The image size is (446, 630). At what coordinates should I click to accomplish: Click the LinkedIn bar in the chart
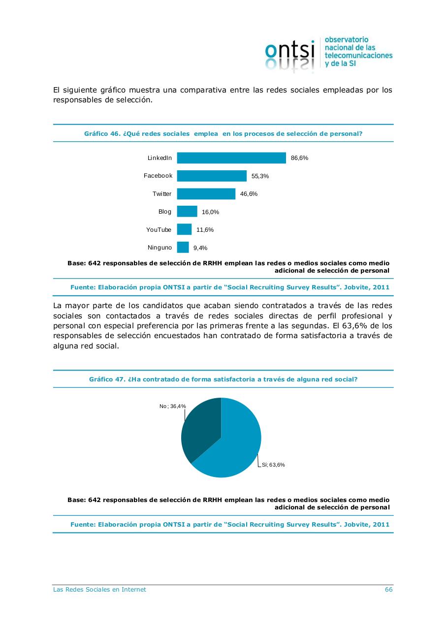point(231,158)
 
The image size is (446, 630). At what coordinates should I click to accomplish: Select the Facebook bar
point(212,176)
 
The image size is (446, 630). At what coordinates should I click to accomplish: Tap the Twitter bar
point(206,194)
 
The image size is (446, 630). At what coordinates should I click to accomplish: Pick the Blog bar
point(187,212)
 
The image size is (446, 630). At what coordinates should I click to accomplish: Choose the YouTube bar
point(184,229)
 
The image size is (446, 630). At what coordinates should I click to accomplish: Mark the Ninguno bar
point(183,248)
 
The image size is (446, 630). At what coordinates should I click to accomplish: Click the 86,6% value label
point(299,158)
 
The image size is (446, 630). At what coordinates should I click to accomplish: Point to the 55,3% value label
point(260,176)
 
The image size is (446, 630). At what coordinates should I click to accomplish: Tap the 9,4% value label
point(200,248)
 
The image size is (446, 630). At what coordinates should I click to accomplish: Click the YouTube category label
point(159,230)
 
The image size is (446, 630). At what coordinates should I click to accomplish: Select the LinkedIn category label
point(159,158)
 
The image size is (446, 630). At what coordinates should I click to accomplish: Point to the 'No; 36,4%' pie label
point(172,406)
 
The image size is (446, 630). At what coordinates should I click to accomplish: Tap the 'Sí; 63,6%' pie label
point(273,465)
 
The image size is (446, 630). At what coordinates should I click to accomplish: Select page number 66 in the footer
point(388,590)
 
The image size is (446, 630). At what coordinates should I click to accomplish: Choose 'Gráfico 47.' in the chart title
point(107,379)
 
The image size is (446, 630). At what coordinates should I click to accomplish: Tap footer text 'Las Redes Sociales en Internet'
point(99,590)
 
